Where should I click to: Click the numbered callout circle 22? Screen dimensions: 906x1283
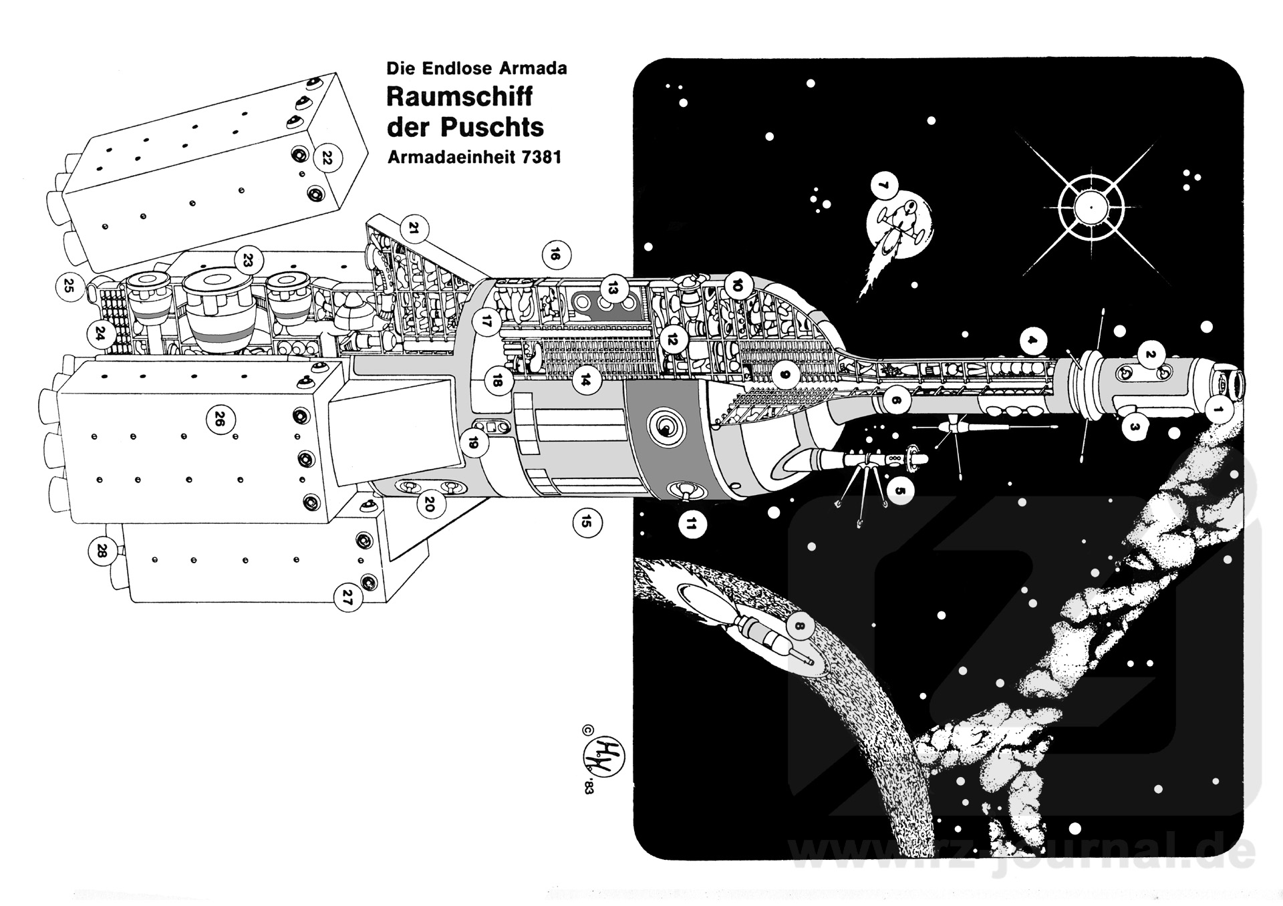coord(327,158)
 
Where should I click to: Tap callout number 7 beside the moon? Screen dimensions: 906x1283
coord(884,186)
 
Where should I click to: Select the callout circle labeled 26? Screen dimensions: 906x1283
coord(219,420)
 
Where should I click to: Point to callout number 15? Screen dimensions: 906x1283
coord(586,521)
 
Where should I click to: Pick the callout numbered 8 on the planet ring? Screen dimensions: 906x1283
coord(800,627)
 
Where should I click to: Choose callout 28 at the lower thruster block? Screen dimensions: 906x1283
coord(102,551)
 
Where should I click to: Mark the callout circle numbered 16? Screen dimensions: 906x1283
coord(555,255)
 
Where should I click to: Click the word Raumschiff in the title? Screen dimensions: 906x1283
coord(459,97)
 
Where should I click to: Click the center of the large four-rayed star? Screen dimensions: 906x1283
coord(1090,208)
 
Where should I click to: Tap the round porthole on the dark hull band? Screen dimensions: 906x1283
coord(665,426)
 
